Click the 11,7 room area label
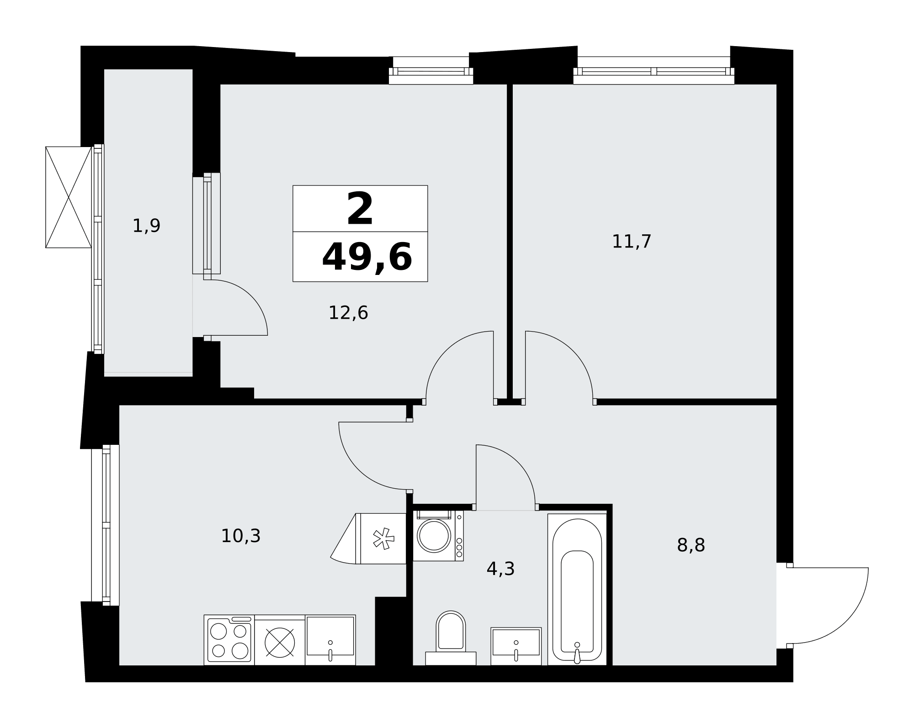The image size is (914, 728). (631, 242)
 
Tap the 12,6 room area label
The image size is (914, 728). (348, 313)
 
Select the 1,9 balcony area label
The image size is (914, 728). (146, 226)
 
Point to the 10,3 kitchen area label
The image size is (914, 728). (241, 536)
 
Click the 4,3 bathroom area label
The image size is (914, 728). (500, 569)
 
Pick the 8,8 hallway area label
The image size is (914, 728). (691, 545)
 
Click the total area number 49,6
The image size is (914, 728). (367, 257)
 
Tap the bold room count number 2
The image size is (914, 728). (360, 209)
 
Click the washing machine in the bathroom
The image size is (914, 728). (438, 536)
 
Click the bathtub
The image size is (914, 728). (577, 589)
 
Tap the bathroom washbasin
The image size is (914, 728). (516, 646)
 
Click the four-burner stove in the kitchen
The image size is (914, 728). (229, 640)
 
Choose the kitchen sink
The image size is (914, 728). (330, 640)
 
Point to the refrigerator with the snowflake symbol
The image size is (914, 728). (381, 538)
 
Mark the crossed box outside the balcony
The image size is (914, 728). (69, 197)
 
